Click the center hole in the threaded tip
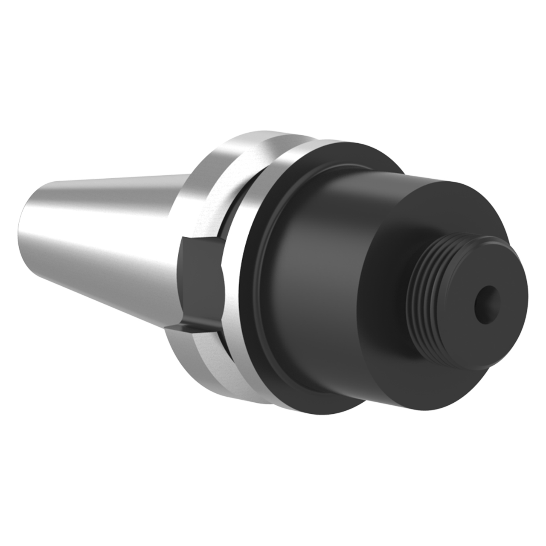pyautogui.click(x=487, y=303)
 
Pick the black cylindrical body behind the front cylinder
pyautogui.click(x=316, y=239)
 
